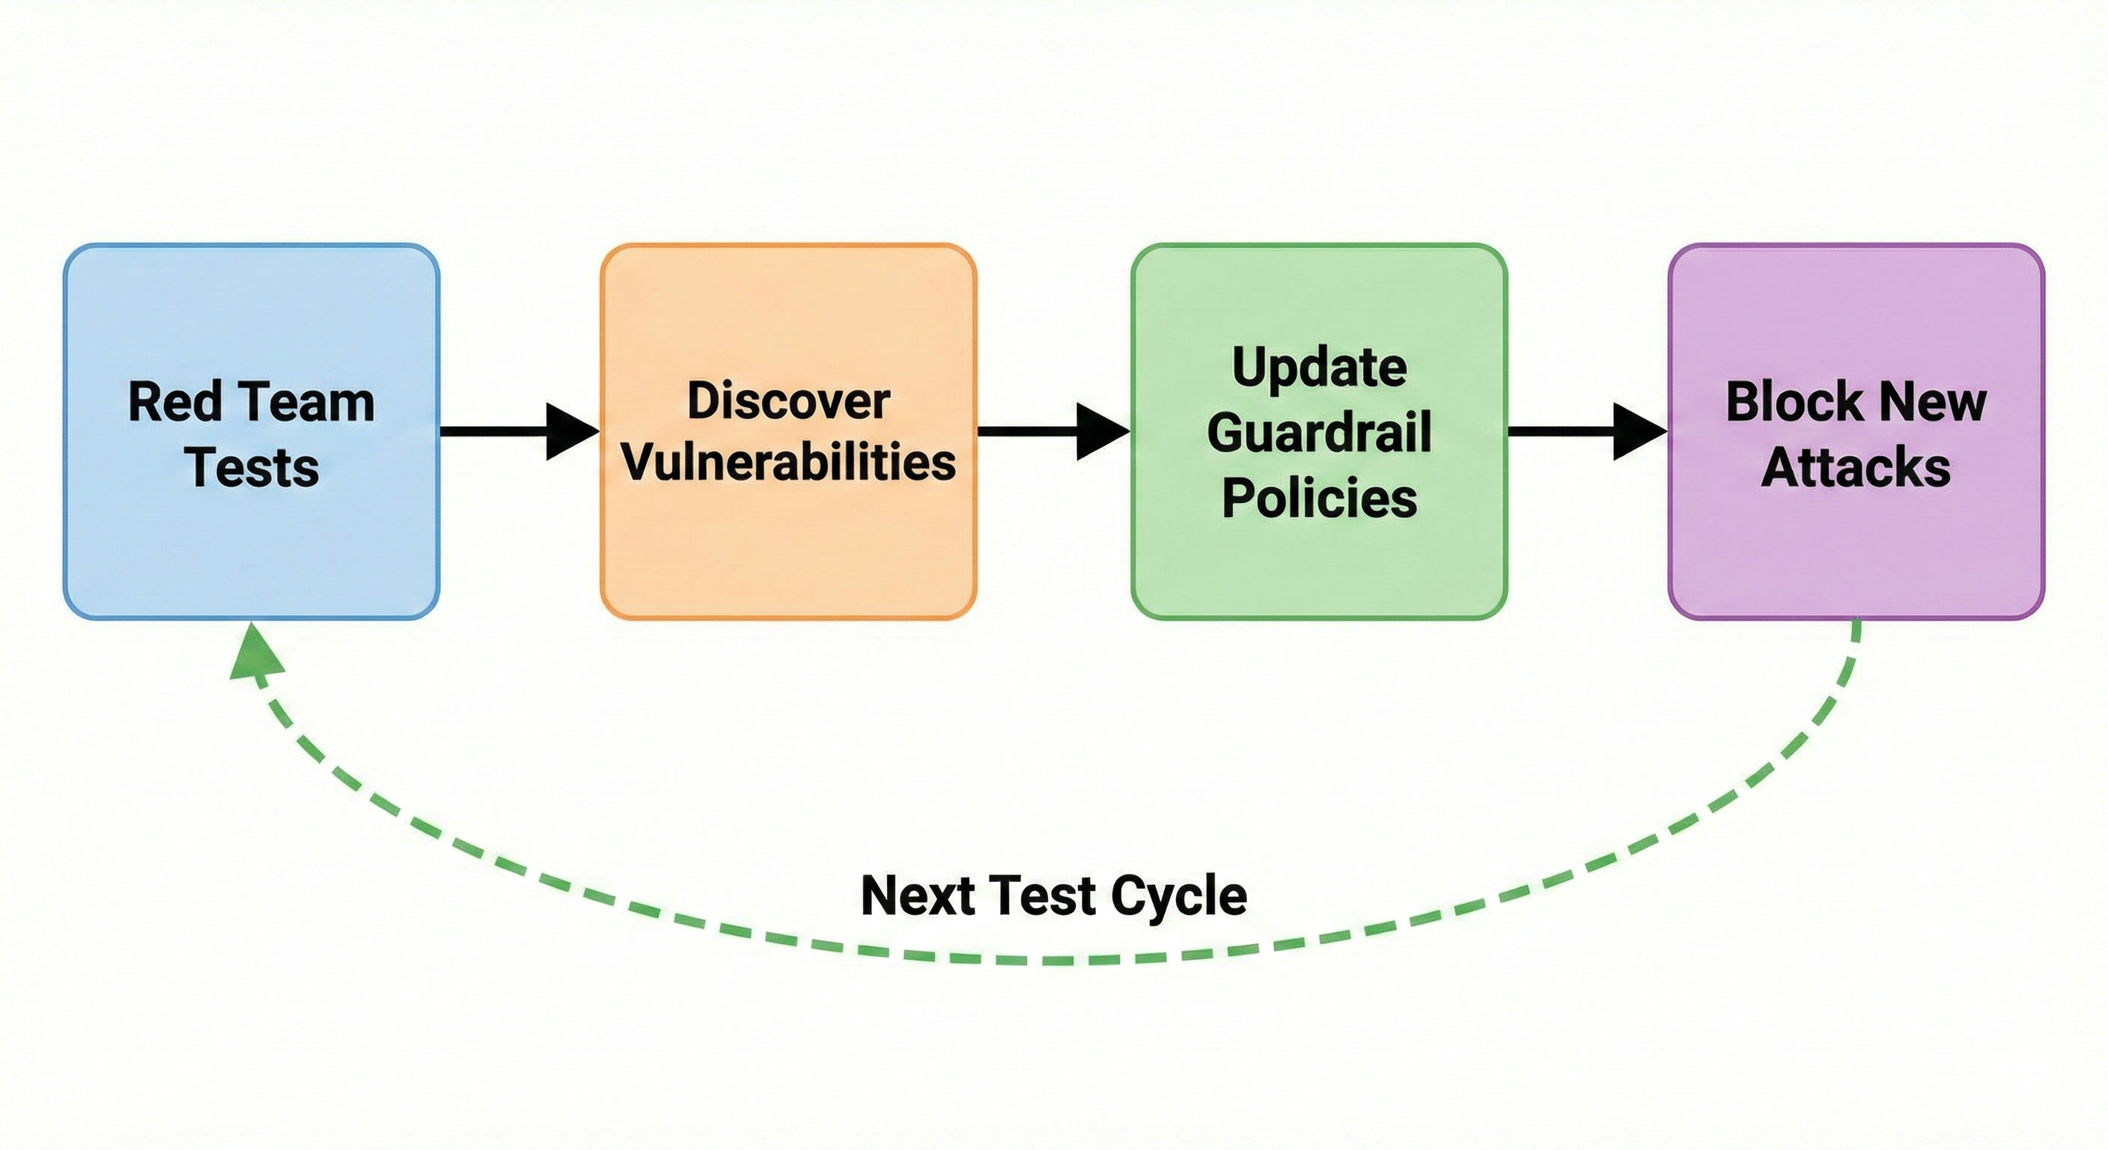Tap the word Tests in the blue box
click(x=252, y=467)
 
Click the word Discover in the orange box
click(x=788, y=401)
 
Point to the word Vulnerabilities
click(x=788, y=463)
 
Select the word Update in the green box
click(x=1319, y=368)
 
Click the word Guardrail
click(x=1319, y=432)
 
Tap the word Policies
click(x=1319, y=498)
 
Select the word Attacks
click(x=1856, y=467)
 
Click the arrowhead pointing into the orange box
click(x=573, y=431)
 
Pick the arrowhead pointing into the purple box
click(x=1640, y=431)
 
